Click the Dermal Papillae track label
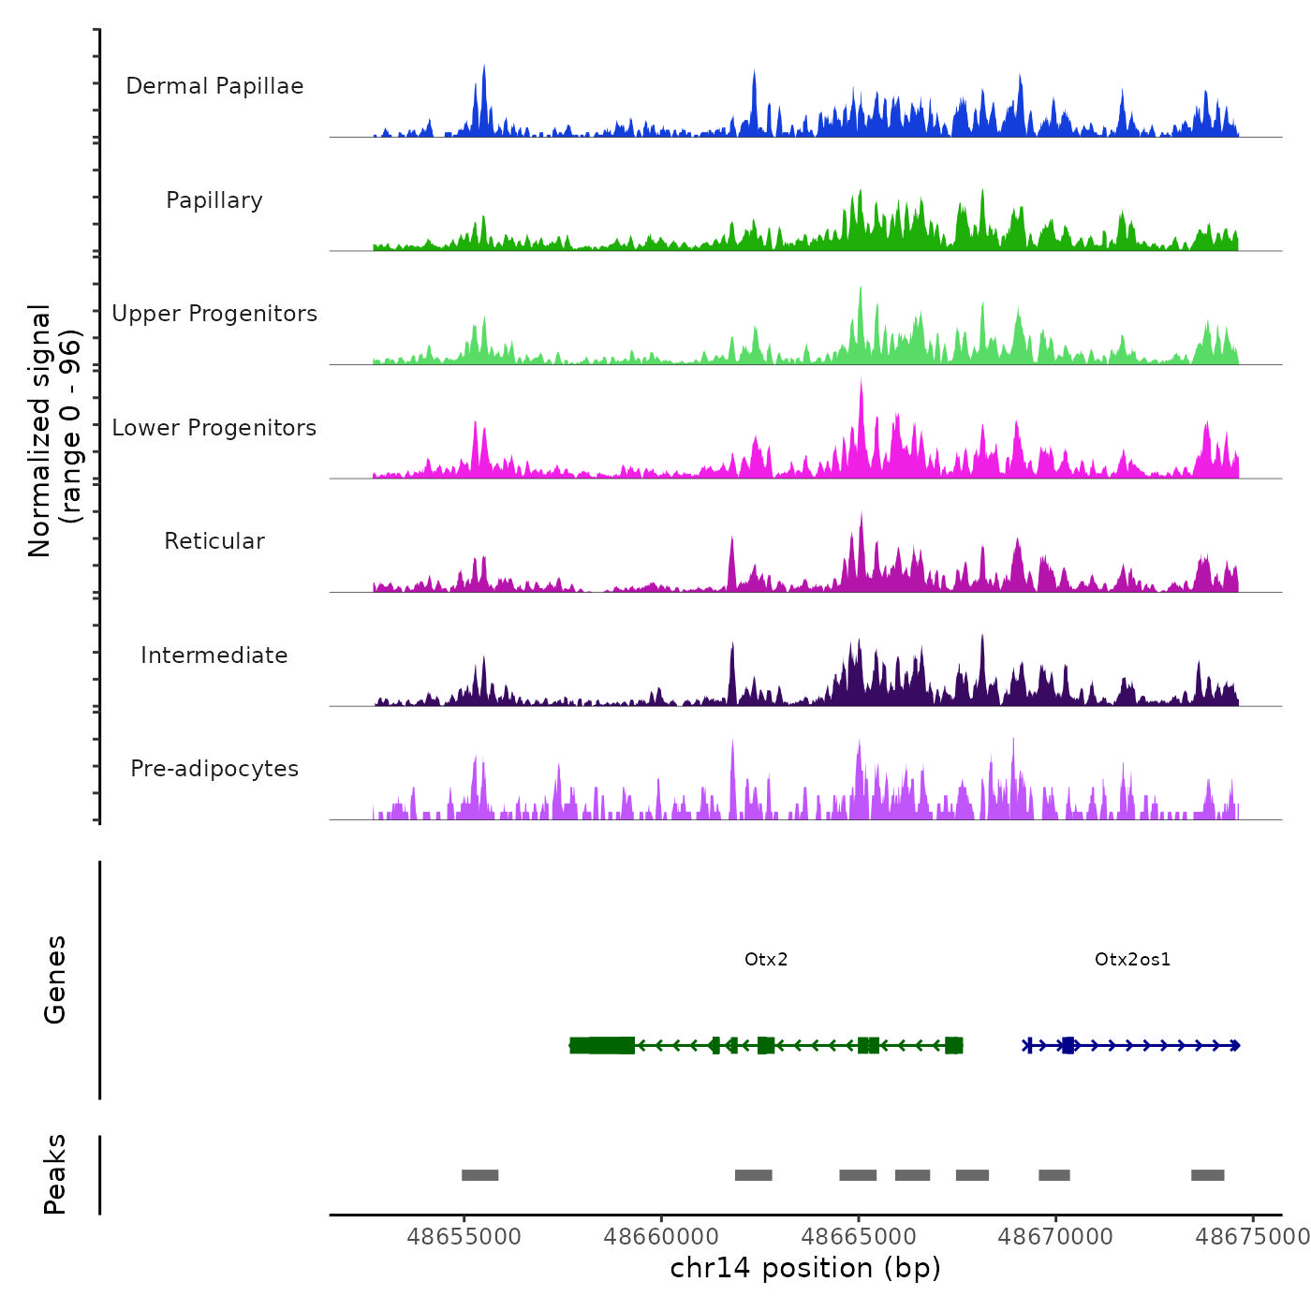click(x=214, y=86)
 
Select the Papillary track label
click(x=214, y=200)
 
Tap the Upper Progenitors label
click(x=214, y=314)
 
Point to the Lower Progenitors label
click(x=214, y=428)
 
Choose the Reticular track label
click(x=214, y=541)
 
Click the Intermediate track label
click(x=214, y=655)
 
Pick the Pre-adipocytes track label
click(x=214, y=769)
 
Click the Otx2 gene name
click(x=766, y=959)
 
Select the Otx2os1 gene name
click(x=1132, y=959)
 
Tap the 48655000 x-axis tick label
click(x=464, y=1236)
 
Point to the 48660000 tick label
click(x=661, y=1236)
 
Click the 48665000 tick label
click(x=859, y=1236)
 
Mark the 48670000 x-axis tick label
click(x=1055, y=1236)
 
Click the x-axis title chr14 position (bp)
click(x=805, y=1268)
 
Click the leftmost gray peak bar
click(x=479, y=1175)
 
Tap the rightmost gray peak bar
click(x=1207, y=1175)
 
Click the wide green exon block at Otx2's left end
click(x=602, y=1045)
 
